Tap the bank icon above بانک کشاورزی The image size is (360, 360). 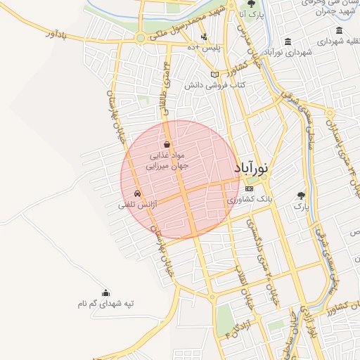click(249, 189)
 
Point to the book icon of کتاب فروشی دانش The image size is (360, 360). click(214, 75)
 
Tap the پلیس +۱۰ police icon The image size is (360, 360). click(204, 37)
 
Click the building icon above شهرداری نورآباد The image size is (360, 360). click(289, 41)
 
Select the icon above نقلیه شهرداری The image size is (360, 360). click(340, 31)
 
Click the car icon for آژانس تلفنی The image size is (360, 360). click(136, 193)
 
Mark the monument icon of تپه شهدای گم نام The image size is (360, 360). click(105, 293)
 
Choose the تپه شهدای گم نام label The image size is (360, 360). click(105, 304)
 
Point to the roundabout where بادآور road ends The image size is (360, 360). click(141, 37)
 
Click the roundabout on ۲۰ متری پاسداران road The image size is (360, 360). click(330, 113)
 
